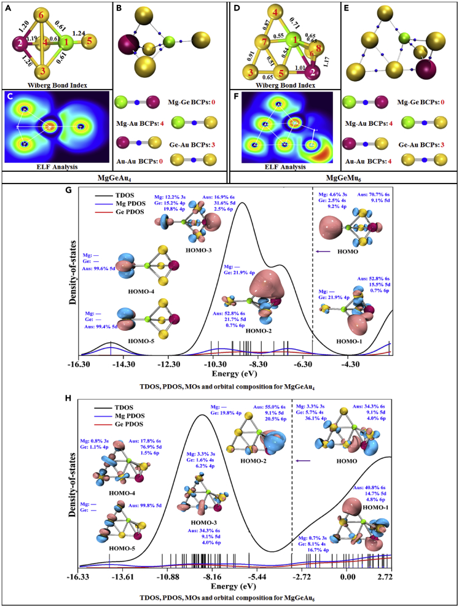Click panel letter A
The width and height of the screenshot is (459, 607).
(x=7, y=6)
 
